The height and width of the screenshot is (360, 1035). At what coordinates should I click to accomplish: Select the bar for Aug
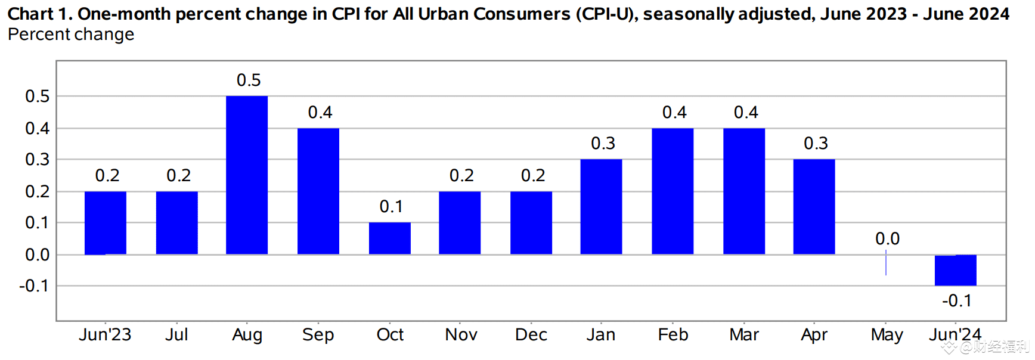[247, 175]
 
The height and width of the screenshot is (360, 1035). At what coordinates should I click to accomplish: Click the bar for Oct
[390, 238]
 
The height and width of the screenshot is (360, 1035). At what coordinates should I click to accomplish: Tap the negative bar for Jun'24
[955, 270]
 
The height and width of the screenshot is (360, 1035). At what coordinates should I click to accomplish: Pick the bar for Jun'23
[106, 223]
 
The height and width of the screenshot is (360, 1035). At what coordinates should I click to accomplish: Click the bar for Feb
[673, 191]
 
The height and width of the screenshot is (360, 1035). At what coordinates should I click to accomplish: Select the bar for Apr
[814, 207]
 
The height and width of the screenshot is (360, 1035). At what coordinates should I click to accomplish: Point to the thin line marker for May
[886, 263]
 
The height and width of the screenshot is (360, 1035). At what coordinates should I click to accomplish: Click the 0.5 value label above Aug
[249, 80]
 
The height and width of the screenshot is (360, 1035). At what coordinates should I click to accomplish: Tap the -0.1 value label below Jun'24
[956, 301]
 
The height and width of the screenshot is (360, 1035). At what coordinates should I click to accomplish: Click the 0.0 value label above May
[887, 239]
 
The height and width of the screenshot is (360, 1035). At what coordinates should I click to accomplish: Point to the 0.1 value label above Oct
[391, 207]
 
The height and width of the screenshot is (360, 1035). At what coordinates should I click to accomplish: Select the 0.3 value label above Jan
[603, 144]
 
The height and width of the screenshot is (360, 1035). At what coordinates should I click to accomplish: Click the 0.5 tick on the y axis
[37, 97]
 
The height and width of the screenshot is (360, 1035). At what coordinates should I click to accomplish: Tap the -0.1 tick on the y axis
[34, 286]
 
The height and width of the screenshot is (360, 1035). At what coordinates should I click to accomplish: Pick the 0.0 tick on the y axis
[37, 255]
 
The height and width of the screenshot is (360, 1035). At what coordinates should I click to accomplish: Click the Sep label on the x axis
[318, 335]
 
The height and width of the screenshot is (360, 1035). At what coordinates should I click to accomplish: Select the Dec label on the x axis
[531, 335]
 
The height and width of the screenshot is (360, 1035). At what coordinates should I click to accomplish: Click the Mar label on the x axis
[743, 335]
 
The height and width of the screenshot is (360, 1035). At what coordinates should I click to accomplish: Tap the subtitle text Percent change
[71, 35]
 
